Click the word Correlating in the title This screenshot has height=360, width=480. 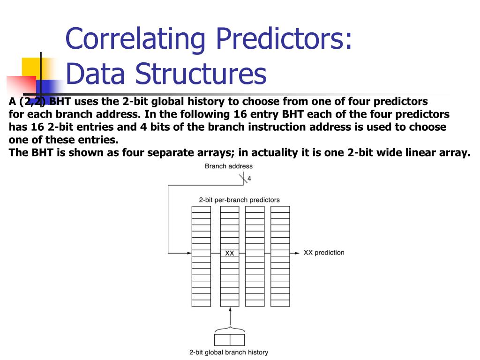135,38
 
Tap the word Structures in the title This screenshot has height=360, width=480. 201,73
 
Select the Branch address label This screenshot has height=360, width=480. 229,166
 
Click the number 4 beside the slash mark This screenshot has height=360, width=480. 249,179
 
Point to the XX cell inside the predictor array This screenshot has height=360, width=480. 230,253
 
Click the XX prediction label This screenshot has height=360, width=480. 324,253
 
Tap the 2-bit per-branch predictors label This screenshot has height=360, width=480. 240,200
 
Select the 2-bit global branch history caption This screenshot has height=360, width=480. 229,352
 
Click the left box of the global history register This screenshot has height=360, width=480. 222,340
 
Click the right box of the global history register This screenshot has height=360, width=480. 237,340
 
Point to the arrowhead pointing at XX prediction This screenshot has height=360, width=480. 297,253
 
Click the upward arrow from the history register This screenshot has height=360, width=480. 230,318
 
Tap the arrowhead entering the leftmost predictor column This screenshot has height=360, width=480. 189,253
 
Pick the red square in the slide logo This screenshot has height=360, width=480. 22,85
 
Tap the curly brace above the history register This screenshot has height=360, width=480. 230,330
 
